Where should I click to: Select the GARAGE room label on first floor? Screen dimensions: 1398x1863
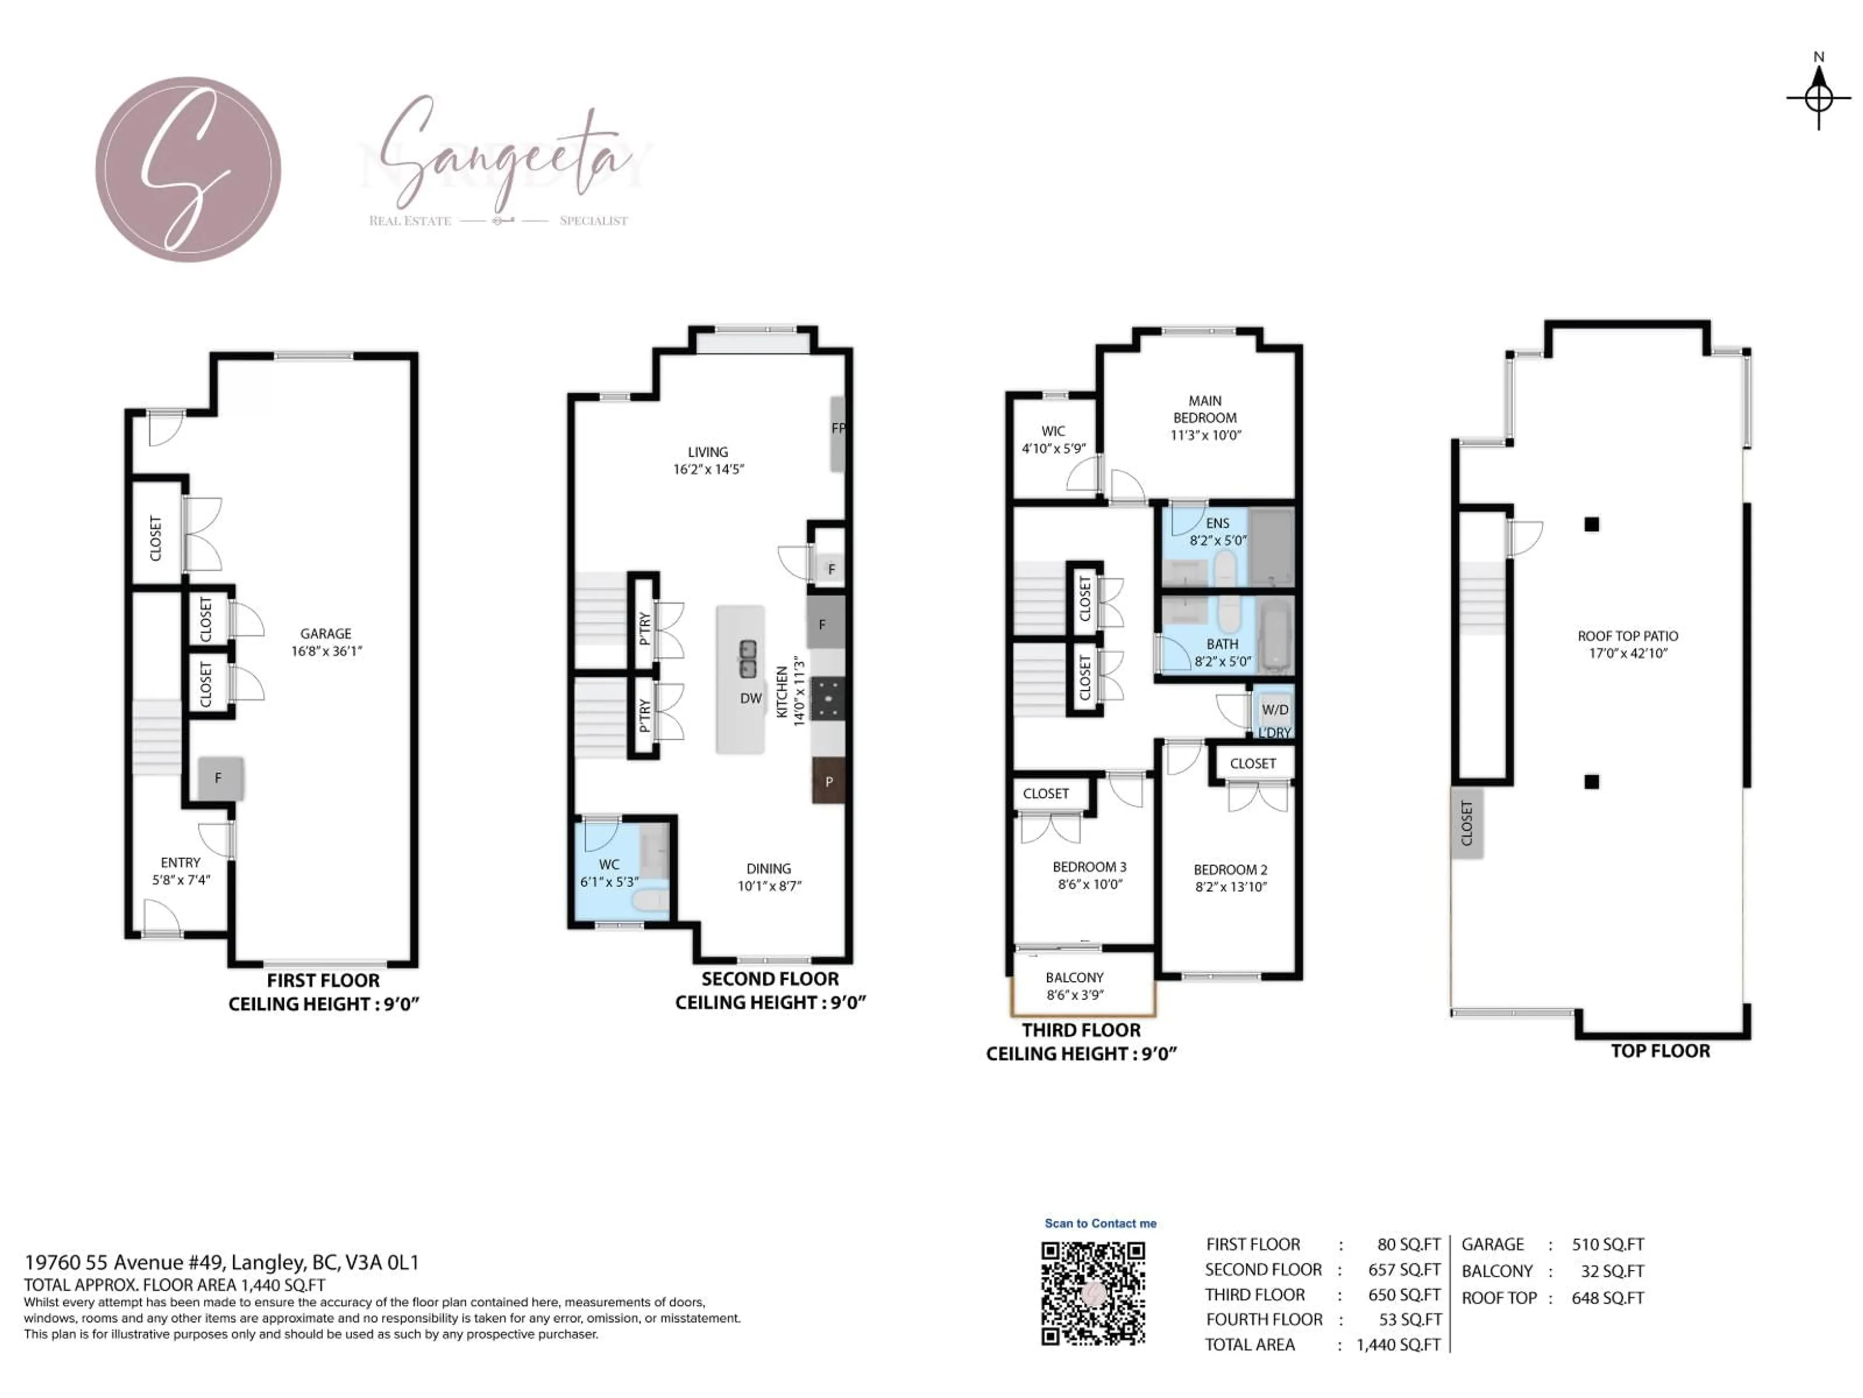(x=326, y=633)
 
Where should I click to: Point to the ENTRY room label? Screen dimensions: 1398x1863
(x=180, y=862)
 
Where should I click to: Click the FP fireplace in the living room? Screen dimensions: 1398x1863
(x=837, y=433)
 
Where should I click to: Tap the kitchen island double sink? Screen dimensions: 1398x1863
(x=747, y=658)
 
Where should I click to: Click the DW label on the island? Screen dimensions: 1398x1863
(x=751, y=698)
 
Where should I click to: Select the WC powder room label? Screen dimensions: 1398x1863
(x=609, y=864)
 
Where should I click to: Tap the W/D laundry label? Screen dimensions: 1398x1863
(x=1275, y=710)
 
